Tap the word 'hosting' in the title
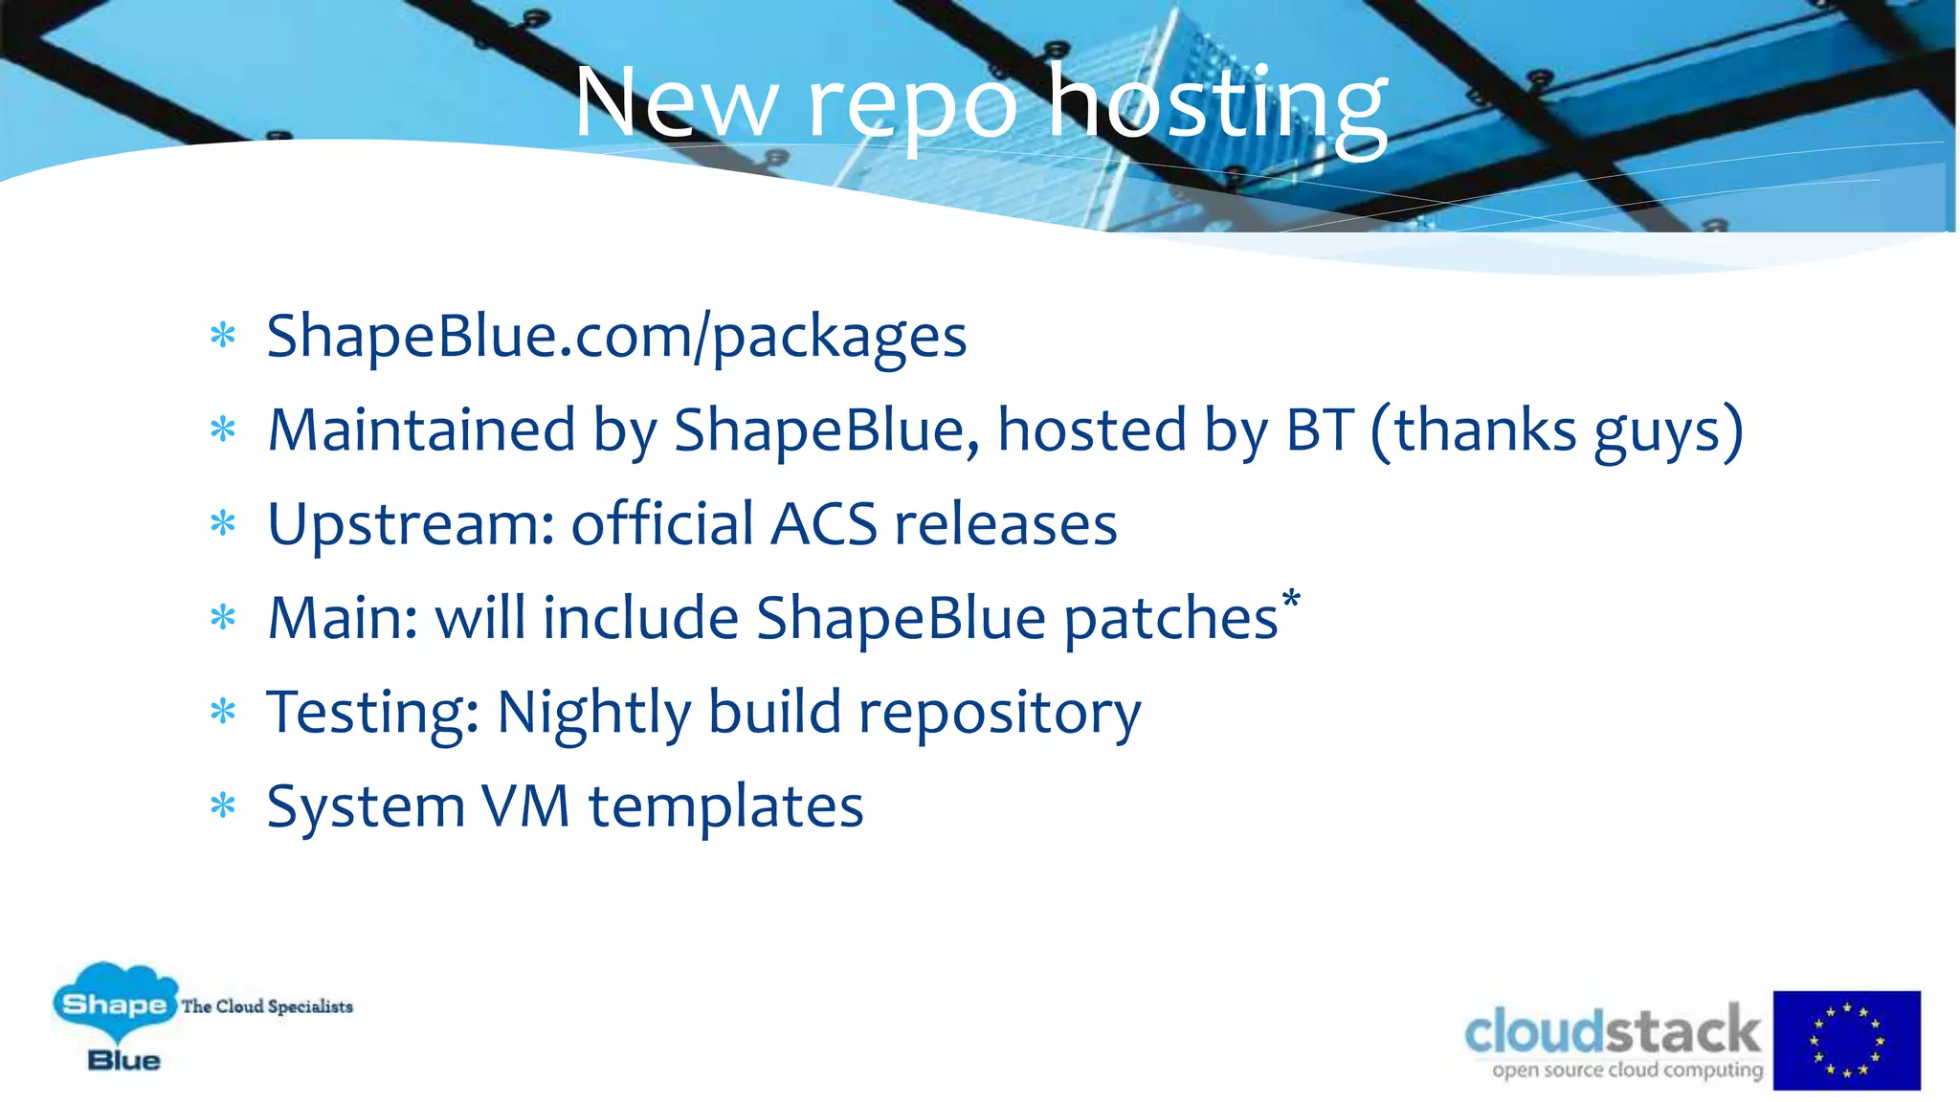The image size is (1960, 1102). pos(1217,103)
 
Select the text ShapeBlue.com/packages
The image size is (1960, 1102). pos(616,337)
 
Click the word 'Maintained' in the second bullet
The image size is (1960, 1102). pos(421,430)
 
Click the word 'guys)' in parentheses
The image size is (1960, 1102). pos(1668,432)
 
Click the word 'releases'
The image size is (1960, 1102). pos(1005,525)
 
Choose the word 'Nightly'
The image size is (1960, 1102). pos(593,714)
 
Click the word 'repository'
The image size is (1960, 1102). pos(999,714)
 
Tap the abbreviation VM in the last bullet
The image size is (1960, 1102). pos(525,806)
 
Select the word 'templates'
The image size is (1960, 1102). pos(725,806)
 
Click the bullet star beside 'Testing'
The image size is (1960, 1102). pos(223,711)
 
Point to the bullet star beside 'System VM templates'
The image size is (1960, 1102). pos(223,804)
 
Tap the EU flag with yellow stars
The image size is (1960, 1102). pos(1846,1040)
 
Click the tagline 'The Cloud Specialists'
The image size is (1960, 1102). pos(267,1006)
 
